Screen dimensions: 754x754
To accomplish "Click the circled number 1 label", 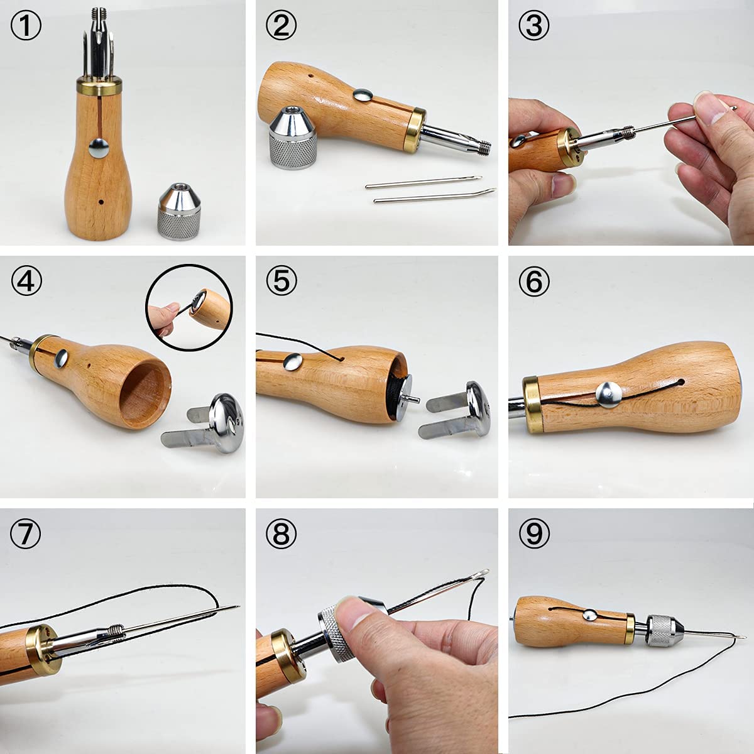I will pyautogui.click(x=26, y=27).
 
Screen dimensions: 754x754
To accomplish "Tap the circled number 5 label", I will pyautogui.click(x=281, y=280).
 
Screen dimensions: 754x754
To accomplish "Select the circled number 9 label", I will pyautogui.click(x=534, y=534).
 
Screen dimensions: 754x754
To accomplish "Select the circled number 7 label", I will pyautogui.click(x=26, y=534).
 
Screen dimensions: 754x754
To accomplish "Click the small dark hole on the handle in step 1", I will pyautogui.click(x=101, y=202).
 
